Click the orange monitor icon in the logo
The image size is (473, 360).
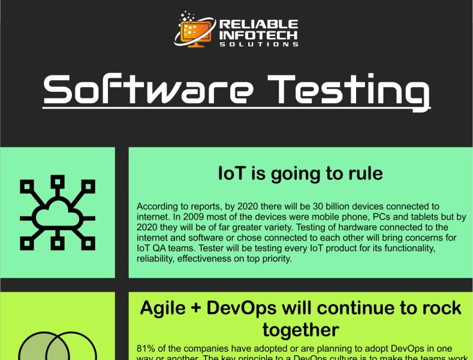(195, 29)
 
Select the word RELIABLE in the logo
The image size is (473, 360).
(258, 24)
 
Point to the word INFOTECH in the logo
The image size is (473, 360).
(258, 35)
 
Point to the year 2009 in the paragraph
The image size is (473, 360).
(194, 216)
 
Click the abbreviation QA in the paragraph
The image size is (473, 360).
(159, 248)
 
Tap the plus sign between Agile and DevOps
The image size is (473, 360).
(197, 308)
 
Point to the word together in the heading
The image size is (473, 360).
(300, 329)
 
